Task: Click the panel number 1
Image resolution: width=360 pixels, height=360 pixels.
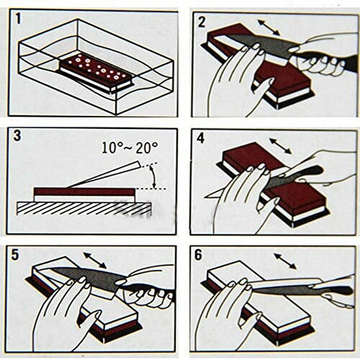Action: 18,19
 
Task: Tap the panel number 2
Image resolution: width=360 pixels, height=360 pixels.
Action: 202,22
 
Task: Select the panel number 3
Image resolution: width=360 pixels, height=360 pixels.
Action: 17,136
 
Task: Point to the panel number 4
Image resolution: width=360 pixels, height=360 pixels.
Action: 200,138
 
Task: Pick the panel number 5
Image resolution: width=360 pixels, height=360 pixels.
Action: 15,255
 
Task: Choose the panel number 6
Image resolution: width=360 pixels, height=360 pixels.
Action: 198,255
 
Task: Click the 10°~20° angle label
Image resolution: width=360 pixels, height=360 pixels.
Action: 130,148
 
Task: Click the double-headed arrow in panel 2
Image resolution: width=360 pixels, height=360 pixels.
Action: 269,27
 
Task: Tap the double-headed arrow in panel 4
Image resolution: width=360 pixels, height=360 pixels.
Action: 280,145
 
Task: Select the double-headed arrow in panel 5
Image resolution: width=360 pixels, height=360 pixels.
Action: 95,261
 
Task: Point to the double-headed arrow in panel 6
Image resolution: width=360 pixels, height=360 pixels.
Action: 285,261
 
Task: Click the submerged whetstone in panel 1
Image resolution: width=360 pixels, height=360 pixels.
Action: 96,73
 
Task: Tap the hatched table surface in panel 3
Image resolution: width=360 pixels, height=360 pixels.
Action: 84,208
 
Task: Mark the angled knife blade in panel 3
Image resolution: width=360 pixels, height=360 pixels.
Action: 104,174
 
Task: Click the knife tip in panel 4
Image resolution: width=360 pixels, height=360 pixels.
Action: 204,197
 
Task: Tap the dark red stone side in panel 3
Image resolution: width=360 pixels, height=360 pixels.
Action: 84,192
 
